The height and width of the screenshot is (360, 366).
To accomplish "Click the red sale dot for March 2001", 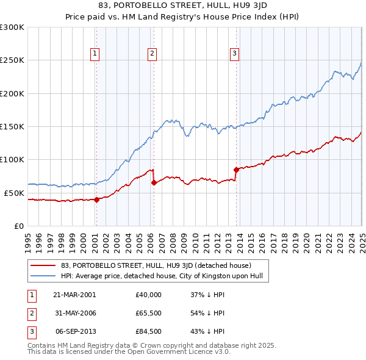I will (x=97, y=199).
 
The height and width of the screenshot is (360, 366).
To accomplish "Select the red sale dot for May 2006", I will (x=154, y=182).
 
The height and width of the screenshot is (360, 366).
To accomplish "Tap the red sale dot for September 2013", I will (x=236, y=170).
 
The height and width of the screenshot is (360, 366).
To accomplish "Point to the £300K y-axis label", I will (x=12, y=27).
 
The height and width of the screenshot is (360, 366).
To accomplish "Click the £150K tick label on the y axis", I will (x=12, y=126).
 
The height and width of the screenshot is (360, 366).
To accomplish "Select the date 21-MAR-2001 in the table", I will (x=74, y=294).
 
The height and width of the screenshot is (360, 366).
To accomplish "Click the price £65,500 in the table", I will (x=149, y=313).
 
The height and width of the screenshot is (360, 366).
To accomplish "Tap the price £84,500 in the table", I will (x=149, y=332).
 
